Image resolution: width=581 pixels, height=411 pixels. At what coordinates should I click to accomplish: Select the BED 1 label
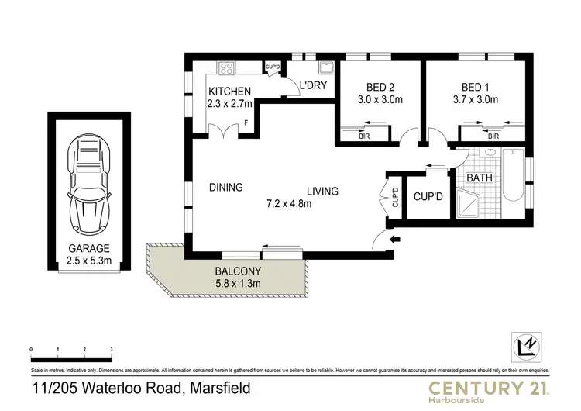tap(476, 88)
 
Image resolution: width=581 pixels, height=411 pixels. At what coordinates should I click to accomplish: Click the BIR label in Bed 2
tap(364, 137)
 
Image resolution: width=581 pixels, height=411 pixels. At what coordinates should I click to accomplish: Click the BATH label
tap(479, 178)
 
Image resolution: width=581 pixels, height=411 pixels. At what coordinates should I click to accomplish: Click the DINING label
tap(226, 187)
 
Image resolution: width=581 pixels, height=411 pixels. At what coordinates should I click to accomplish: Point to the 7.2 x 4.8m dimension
tap(289, 204)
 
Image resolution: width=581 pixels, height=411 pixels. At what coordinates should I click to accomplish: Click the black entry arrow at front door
tap(395, 240)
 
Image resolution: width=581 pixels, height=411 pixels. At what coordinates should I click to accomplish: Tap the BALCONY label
tap(238, 271)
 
